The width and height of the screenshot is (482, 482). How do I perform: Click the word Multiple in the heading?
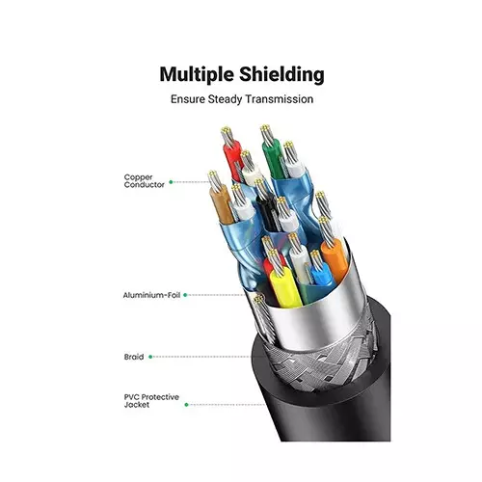pos(197,75)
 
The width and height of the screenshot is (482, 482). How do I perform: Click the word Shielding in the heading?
pos(281,74)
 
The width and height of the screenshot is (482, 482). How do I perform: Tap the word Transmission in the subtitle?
pos(279,99)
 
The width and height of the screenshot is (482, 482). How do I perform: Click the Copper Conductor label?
pos(144,181)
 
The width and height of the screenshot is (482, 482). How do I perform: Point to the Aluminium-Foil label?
pos(151,295)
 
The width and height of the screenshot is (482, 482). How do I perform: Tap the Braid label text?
pos(134,357)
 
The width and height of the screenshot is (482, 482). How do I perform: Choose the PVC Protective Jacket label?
pos(151,401)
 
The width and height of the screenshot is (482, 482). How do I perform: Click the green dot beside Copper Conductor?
pos(171,182)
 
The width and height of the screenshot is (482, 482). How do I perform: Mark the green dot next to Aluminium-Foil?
pos(185,295)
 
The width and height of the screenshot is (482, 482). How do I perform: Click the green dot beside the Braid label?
pos(150,357)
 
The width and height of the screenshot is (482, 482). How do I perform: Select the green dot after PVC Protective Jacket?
pos(186,405)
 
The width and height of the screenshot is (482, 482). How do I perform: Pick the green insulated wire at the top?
pos(273,159)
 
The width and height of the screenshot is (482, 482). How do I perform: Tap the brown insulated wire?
pos(222,205)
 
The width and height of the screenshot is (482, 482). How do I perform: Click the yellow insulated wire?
pos(285,287)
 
